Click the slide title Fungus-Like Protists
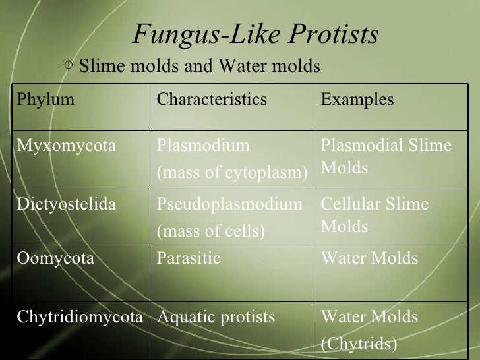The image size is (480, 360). click(x=255, y=34)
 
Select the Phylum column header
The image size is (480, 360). click(x=45, y=100)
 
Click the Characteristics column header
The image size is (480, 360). click(x=211, y=100)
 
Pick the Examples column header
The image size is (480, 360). click(x=357, y=100)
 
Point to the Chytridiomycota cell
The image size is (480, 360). click(x=80, y=317)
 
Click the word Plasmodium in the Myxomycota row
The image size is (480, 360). click(x=203, y=145)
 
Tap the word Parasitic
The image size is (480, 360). click(x=189, y=258)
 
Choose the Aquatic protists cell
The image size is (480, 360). click(x=215, y=317)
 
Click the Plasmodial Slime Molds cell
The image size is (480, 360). click(x=386, y=157)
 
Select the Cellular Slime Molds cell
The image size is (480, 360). click(x=374, y=216)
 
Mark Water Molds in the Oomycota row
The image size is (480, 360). click(x=369, y=258)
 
